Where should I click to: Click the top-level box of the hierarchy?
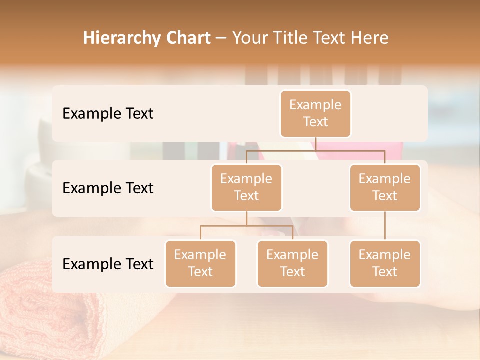pos(315,114)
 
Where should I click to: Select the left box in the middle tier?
pos(246,188)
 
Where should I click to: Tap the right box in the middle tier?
pos(385,188)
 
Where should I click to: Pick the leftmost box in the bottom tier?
pos(200,264)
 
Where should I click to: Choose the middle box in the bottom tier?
pos(292,264)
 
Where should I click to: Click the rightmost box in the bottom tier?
pos(385,264)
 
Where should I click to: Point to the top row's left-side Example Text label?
pos(108,114)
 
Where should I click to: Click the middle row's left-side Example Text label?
pos(108,188)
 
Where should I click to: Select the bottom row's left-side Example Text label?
pos(108,264)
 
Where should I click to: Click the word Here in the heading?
pos(370,38)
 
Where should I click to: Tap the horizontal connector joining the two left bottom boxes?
pos(246,226)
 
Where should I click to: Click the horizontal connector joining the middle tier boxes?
pos(315,150)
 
